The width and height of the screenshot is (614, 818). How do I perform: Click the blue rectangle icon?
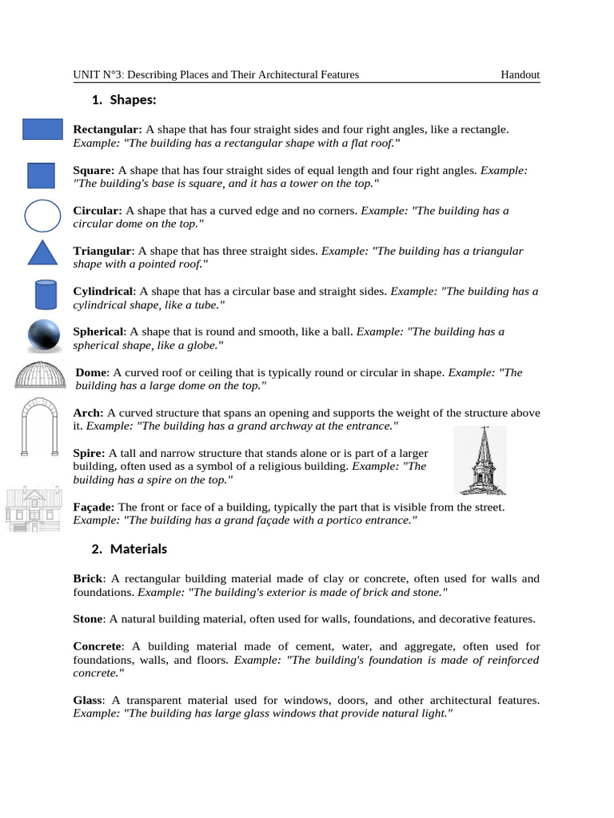[x=42, y=129]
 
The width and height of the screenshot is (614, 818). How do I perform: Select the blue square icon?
[x=41, y=176]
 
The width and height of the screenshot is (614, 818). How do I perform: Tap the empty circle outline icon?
[x=42, y=216]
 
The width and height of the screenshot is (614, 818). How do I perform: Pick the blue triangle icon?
[x=43, y=252]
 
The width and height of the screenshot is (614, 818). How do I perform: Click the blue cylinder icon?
[x=46, y=295]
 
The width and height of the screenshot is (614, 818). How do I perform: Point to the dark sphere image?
[x=43, y=336]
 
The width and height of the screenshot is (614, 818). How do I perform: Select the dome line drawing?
[x=41, y=375]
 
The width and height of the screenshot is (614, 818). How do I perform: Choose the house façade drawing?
[x=33, y=509]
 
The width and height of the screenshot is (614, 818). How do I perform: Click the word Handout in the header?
[x=520, y=75]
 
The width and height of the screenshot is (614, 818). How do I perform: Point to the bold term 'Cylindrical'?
[x=102, y=292]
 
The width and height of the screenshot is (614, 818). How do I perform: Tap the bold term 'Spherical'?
[x=98, y=332]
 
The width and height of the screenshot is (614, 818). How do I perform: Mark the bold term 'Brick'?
[x=87, y=578]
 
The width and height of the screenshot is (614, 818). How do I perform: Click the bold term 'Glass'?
[x=87, y=700]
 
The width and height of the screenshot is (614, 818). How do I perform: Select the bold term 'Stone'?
[x=88, y=618]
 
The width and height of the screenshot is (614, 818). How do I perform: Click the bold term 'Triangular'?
[x=101, y=251]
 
